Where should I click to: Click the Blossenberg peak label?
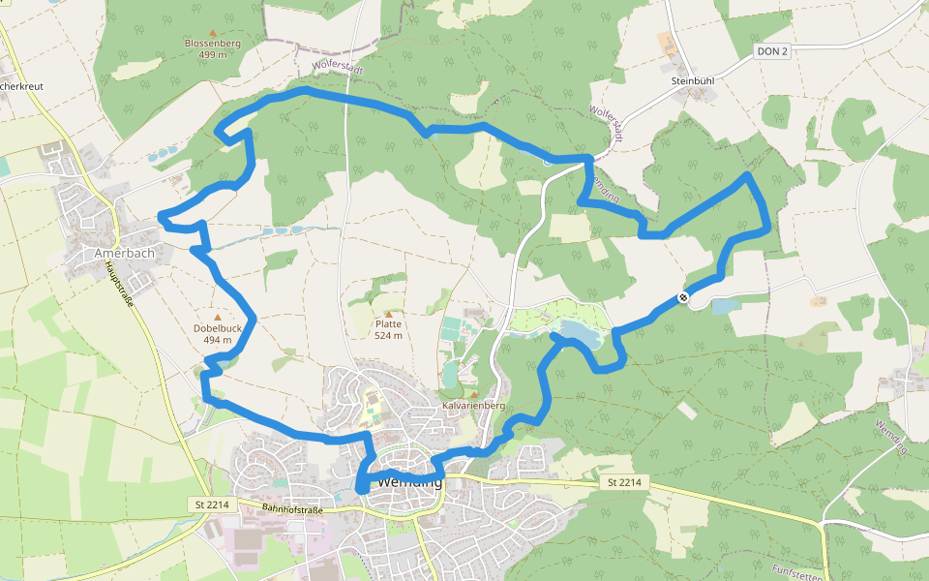pos(213,44)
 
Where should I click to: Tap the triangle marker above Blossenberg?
pos(213,32)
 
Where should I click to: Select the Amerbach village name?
pos(125,253)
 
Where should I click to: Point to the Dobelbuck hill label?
pos(217,328)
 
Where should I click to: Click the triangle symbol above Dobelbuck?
pos(217,317)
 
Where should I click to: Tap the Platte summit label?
pos(388,324)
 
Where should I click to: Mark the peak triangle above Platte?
pos(389,314)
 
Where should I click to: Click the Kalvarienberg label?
pos(474,405)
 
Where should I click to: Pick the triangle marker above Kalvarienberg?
pos(474,394)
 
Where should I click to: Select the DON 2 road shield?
pos(773,50)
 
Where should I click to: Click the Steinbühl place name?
pos(693,82)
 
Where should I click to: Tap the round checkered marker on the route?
pos(683,297)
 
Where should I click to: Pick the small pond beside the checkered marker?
pos(725,306)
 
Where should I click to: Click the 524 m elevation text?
pos(388,336)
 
